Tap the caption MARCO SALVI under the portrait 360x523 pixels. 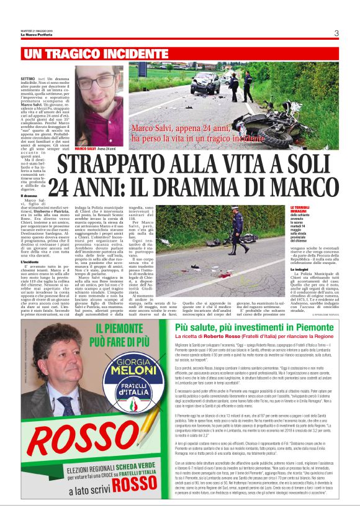coord(86,149)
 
